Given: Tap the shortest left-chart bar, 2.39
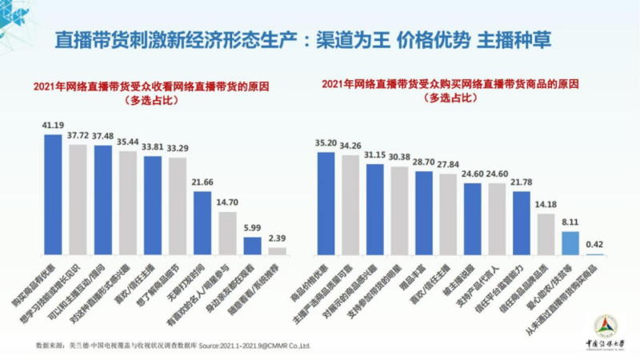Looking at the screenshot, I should (277, 250).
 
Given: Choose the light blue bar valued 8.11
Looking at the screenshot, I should (570, 242).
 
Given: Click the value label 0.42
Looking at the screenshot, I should (594, 244).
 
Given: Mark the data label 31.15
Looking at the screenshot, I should (375, 154).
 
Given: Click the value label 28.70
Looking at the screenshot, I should (424, 162).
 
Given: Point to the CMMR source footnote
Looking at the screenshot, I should (173, 346).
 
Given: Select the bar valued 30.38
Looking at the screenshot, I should (399, 209).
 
